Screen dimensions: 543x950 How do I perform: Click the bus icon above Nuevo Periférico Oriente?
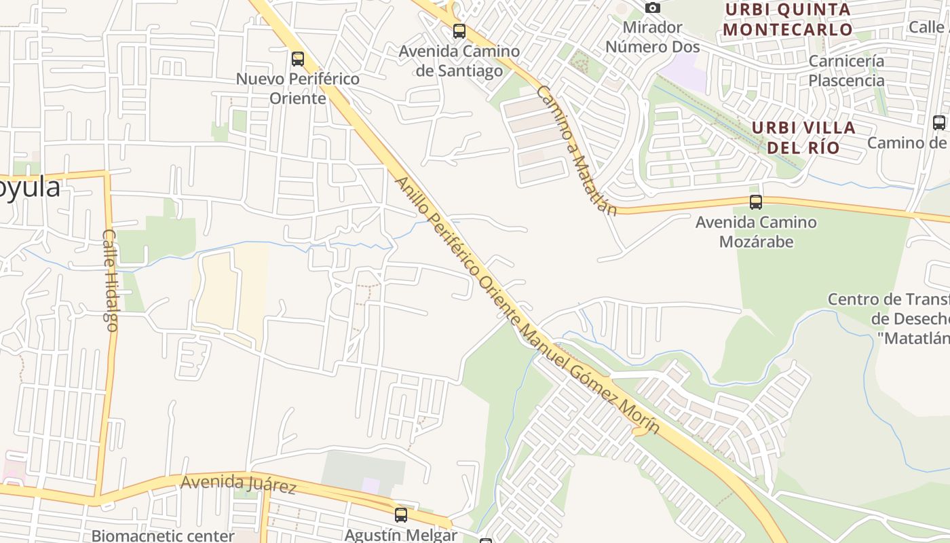298,59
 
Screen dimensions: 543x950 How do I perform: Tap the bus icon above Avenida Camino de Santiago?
459,31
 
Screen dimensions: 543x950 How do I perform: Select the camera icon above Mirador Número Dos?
653,8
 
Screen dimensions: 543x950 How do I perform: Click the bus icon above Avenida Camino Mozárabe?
756,202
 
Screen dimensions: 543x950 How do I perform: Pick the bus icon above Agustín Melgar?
401,515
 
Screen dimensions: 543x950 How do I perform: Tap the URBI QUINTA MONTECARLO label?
787,20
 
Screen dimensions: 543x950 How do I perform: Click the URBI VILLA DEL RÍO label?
803,138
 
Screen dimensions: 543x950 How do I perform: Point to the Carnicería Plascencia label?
846,71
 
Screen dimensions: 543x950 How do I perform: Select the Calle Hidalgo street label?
110,280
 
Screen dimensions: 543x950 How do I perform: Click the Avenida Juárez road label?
238,484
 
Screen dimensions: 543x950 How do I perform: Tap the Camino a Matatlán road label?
576,150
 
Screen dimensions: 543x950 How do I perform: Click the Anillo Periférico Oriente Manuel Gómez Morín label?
527,305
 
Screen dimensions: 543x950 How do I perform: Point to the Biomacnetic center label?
163,536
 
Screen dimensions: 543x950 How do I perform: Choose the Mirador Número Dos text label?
652,37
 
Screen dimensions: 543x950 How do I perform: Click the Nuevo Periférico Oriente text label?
298,88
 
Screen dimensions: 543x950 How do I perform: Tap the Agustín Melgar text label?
400,535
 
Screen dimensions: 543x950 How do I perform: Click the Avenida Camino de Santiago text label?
459,61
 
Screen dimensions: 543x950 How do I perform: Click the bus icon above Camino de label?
939,123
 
